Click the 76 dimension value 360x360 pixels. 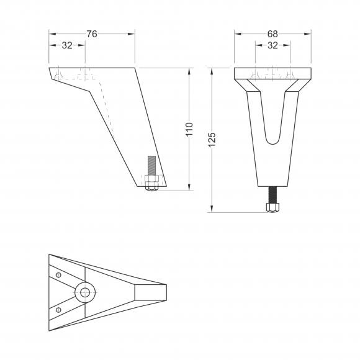(92, 34)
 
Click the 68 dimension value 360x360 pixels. (272, 34)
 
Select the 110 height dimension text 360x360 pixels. (190, 129)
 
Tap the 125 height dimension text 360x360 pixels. (212, 140)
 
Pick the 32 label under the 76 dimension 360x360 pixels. (67, 45)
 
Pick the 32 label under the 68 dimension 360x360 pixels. (272, 45)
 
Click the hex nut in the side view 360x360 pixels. (151, 183)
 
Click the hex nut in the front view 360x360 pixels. (272, 207)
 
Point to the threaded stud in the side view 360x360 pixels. (151, 166)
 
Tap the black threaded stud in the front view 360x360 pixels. (272, 195)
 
